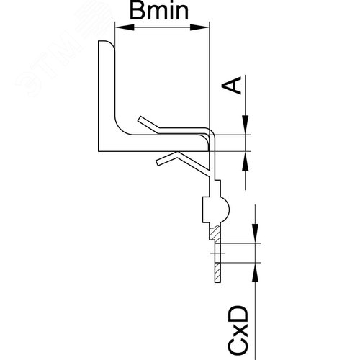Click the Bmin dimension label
click(x=159, y=12)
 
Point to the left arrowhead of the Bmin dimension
click(x=125, y=27)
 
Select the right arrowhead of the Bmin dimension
click(x=199, y=27)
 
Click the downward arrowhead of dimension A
click(x=246, y=125)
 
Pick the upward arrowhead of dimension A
click(x=246, y=161)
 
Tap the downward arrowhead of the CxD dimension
click(x=256, y=233)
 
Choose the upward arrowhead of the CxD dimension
click(x=256, y=272)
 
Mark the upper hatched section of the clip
click(x=215, y=233)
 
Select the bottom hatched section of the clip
click(x=217, y=272)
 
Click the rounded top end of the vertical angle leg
click(x=107, y=43)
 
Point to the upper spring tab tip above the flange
click(x=140, y=119)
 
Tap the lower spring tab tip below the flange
click(x=158, y=163)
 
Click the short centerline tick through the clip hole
click(x=217, y=253)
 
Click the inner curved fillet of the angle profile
click(x=121, y=128)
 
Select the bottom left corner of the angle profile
click(x=99, y=151)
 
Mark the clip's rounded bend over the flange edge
click(x=212, y=132)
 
